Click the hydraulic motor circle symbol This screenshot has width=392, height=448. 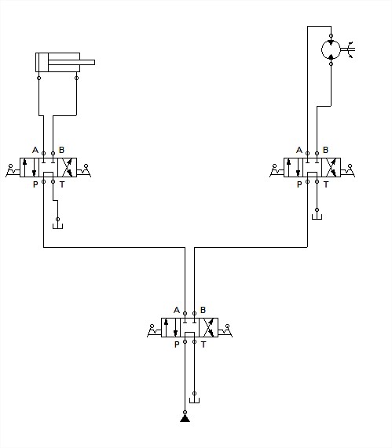(x=322, y=49)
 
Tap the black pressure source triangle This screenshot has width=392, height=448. (x=185, y=418)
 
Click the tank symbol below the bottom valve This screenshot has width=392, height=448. (x=195, y=400)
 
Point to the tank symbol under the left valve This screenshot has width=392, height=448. (x=57, y=226)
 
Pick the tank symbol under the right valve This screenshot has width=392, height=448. (x=317, y=217)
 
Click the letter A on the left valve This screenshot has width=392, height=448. (x=35, y=150)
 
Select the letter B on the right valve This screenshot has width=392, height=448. (x=325, y=150)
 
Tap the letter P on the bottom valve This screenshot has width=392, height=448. (x=177, y=344)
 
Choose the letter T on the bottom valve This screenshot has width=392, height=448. (x=203, y=344)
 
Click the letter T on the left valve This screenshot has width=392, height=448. (x=62, y=184)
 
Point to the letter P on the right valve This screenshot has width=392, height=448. (x=299, y=184)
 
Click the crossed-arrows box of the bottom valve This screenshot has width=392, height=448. (x=209, y=327)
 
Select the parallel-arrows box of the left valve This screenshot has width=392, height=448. (x=30, y=167)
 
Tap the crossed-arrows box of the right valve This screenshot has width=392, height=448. (x=331, y=167)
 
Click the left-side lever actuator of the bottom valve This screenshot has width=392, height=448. (x=154, y=330)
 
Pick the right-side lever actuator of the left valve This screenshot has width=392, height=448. (x=84, y=170)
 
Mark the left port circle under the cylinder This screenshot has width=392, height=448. (x=39, y=78)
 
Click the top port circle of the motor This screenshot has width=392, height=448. (x=331, y=36)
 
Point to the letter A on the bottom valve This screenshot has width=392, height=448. (x=177, y=310)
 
